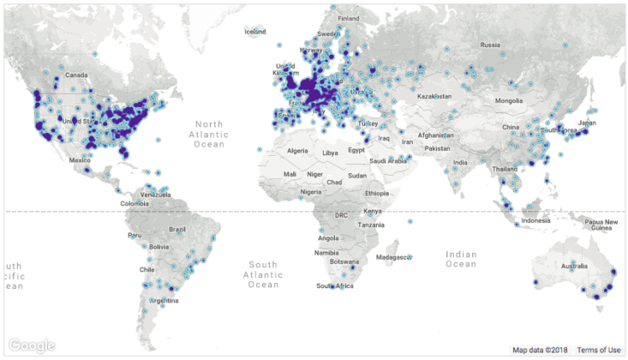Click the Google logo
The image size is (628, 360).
(33, 345)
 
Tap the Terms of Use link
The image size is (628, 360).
(599, 350)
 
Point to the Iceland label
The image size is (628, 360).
(255, 32)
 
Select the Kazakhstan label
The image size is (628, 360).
(435, 96)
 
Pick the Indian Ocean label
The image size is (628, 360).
(461, 260)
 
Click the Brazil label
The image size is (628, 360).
(177, 229)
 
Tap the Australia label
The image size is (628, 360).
(574, 267)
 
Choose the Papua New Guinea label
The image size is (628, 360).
(601, 224)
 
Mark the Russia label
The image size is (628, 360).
(490, 44)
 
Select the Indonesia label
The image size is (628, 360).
(536, 220)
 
